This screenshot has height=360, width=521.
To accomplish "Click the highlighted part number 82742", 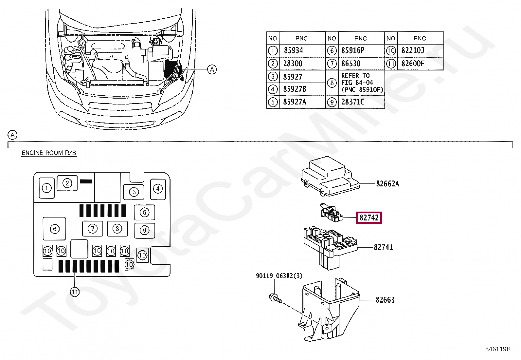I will click(x=369, y=218).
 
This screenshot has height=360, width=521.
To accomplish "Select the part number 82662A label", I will click(x=387, y=184).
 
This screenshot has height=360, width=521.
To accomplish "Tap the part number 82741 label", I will click(x=383, y=247).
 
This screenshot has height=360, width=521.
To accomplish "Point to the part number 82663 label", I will click(x=385, y=300).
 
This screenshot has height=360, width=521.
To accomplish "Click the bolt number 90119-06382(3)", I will click(x=279, y=276).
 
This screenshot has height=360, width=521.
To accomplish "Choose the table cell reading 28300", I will click(x=293, y=64).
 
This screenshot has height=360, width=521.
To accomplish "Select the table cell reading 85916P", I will click(x=352, y=50).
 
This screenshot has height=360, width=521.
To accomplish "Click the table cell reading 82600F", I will click(x=413, y=64).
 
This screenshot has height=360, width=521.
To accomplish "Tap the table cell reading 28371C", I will click(x=352, y=102).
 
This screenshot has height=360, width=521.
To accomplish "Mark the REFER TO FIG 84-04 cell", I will click(x=361, y=83).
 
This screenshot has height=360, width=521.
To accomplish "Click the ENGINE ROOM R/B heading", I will click(x=49, y=153).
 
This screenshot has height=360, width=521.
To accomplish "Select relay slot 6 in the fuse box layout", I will click(x=55, y=229).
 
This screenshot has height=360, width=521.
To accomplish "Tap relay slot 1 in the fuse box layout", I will click(x=47, y=188).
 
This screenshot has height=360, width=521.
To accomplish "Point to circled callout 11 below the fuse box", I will click(x=75, y=292).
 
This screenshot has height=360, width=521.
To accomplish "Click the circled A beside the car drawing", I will click(x=212, y=69).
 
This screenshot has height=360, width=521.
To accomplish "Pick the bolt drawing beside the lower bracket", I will click(x=275, y=298).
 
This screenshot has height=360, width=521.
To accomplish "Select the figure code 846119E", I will click(x=497, y=349).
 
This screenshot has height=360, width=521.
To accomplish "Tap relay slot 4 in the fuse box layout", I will click(x=158, y=189).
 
